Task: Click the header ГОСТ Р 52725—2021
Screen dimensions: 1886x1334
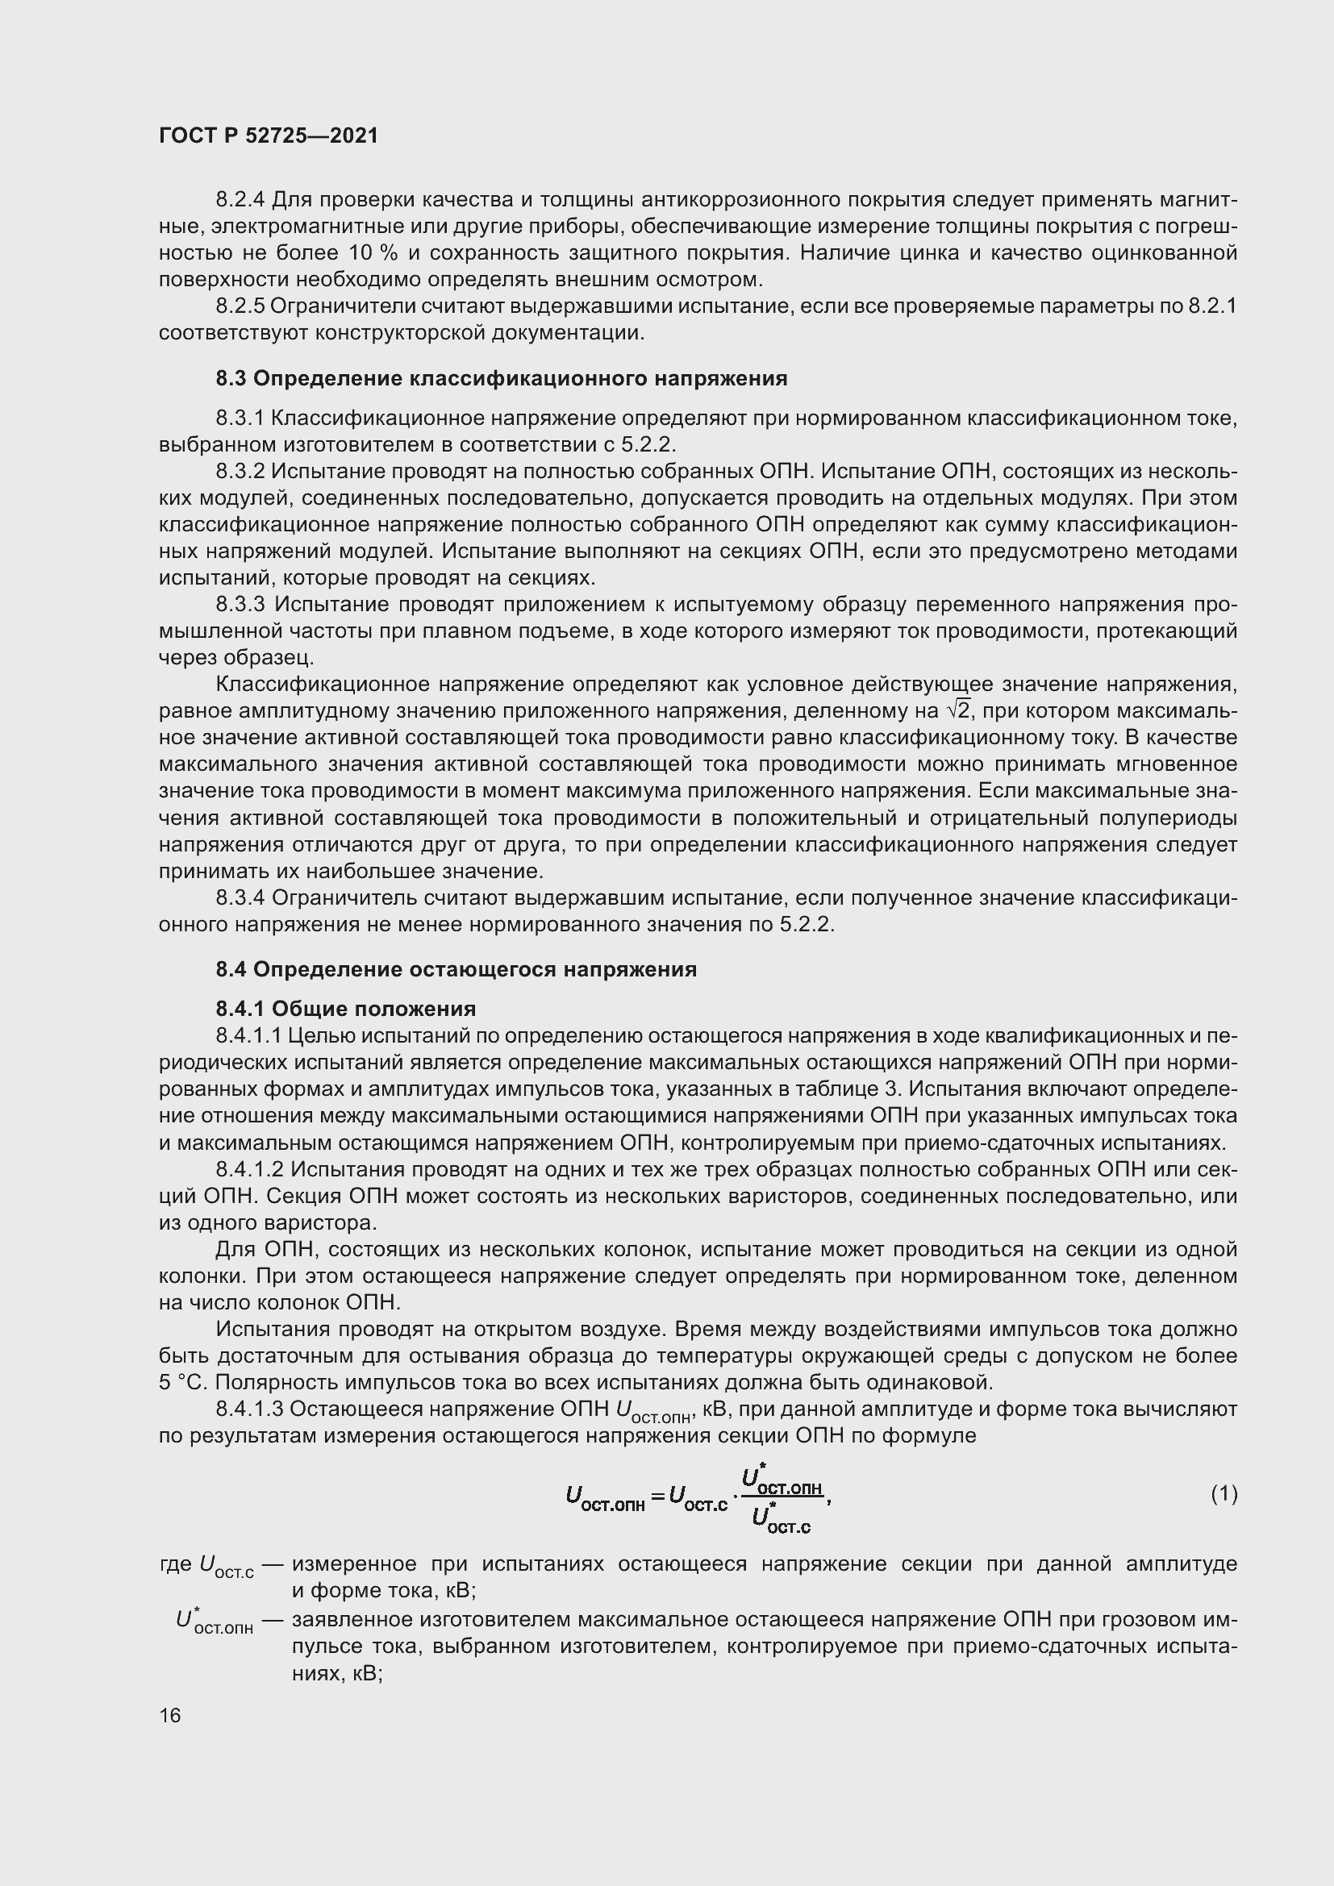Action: [269, 135]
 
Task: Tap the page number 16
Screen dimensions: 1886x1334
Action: [170, 1715]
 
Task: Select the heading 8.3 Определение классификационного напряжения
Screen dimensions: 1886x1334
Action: [501, 379]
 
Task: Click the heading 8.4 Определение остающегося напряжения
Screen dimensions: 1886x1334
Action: [456, 969]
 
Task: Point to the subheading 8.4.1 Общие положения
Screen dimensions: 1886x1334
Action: [346, 1009]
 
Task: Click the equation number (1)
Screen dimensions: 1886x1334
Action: [1224, 1493]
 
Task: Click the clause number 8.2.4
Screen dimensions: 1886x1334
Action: [240, 200]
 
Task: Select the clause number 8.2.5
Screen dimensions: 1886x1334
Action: [240, 306]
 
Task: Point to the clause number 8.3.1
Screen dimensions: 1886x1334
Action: [240, 418]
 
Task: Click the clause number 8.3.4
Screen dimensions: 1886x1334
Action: [240, 897]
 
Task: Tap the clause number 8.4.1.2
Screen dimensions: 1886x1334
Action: [250, 1169]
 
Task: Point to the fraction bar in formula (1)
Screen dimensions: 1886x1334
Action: [782, 1496]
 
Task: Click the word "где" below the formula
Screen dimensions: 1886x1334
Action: [175, 1564]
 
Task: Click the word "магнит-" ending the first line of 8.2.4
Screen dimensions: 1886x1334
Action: [1200, 200]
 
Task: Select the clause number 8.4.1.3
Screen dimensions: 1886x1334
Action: [250, 1409]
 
